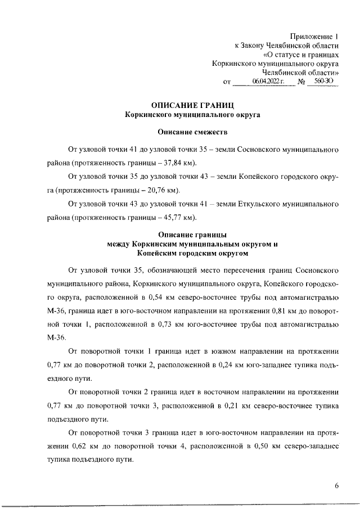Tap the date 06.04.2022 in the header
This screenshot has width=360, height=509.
click(x=269, y=82)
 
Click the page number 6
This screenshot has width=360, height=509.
click(x=336, y=487)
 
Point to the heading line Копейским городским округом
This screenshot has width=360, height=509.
click(x=184, y=254)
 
